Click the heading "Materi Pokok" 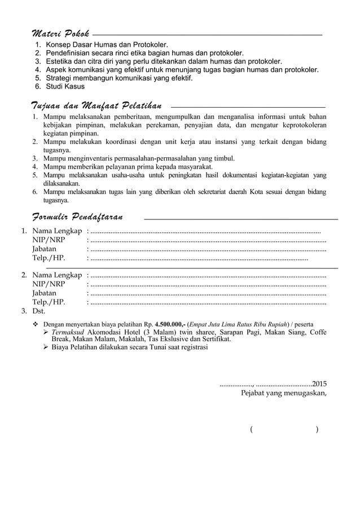pyautogui.click(x=59, y=30)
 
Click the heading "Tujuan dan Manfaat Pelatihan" pyautogui.click(x=96, y=105)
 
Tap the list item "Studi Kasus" pyautogui.click(x=65, y=86)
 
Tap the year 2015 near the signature pyautogui.click(x=319, y=383)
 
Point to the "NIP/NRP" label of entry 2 pyautogui.click(x=49, y=284)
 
